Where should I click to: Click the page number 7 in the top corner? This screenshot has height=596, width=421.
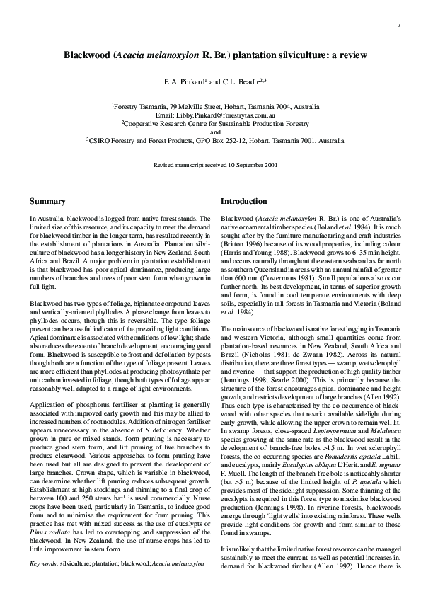399,25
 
